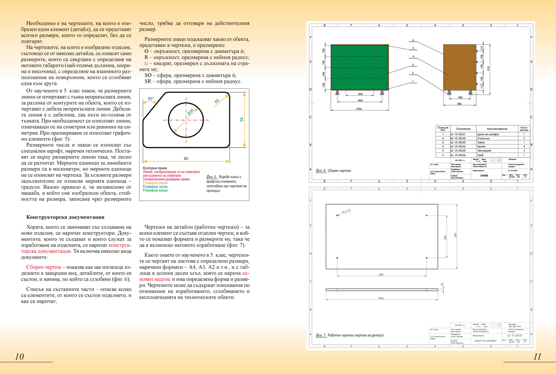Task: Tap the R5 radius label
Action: [216, 101]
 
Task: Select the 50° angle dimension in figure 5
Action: [150, 99]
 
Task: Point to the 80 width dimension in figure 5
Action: [186, 158]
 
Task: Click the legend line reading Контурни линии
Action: [154, 168]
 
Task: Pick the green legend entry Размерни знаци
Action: [155, 190]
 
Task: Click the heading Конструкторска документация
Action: [65, 217]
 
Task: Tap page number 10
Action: [19, 356]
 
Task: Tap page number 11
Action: [537, 356]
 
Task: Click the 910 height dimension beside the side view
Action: [488, 68]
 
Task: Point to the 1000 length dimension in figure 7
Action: [381, 298]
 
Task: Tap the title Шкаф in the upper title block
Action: [484, 176]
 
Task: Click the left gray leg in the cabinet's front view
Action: [338, 92]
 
